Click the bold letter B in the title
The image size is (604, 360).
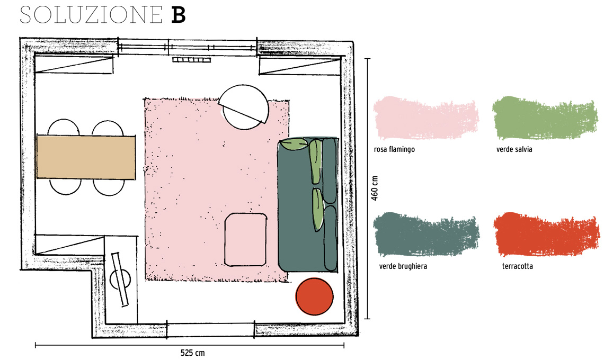point(179,15)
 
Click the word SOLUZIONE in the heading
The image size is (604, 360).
point(91,15)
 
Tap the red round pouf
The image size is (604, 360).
point(314,296)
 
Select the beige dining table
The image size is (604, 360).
point(86,157)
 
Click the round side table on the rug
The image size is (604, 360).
point(245,107)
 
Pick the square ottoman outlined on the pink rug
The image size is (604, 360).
point(246,239)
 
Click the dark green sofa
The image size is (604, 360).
point(308,204)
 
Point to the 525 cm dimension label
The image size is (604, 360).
point(193,353)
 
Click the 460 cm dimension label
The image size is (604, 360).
point(375,188)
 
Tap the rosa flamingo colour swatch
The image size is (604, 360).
point(426,118)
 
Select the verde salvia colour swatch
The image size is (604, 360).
point(545,118)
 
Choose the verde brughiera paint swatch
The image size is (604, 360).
point(426,234)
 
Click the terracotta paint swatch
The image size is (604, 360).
point(547,234)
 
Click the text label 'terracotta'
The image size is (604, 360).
point(517,266)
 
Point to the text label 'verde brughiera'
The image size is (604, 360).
point(403,266)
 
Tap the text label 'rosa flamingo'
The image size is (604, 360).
point(394,149)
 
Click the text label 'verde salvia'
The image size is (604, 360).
point(514,149)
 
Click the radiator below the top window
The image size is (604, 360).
point(191,60)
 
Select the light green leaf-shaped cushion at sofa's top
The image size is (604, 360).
point(294,145)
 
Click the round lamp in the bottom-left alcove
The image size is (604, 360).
point(120,280)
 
